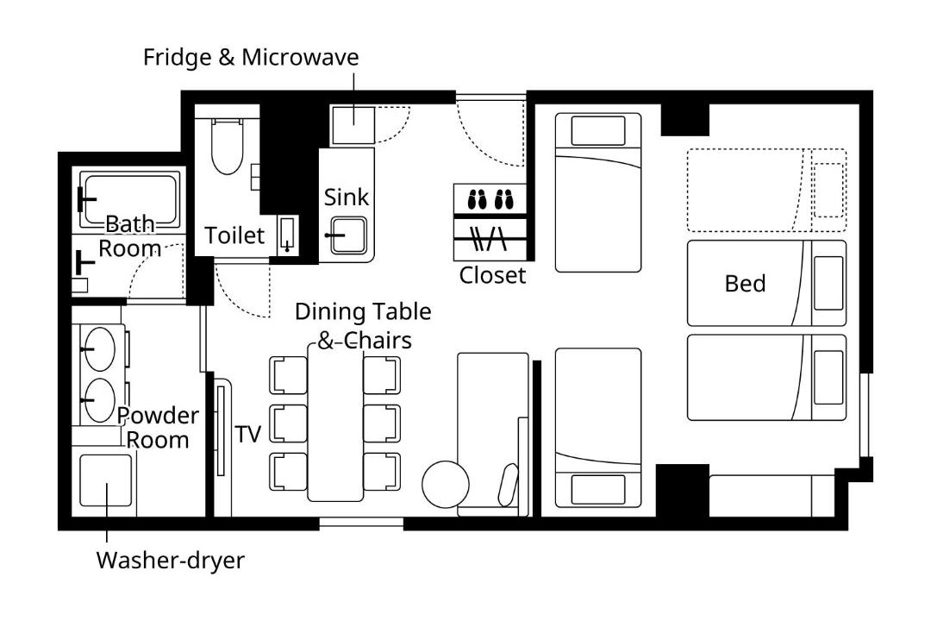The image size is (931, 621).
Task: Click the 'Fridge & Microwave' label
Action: point(251,58)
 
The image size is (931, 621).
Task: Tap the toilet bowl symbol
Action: point(228,146)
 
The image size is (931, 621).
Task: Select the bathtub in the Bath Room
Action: point(129,200)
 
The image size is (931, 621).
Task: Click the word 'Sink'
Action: point(347,198)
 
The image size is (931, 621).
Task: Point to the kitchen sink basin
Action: point(348,235)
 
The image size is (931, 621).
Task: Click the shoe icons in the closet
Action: point(490,199)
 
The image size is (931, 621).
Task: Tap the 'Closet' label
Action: point(492,275)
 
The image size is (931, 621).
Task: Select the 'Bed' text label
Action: point(745,284)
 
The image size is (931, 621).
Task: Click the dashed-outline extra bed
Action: point(766,190)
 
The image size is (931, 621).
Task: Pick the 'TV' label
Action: point(247,435)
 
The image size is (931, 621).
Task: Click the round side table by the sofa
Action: point(446,484)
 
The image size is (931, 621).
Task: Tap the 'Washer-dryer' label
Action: point(171,561)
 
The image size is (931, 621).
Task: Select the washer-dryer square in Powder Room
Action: point(106,480)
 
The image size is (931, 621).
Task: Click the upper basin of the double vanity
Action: point(99,348)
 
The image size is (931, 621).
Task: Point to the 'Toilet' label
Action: point(234,235)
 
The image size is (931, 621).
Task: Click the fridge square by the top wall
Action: point(353,125)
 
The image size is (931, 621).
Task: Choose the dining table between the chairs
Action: point(335,422)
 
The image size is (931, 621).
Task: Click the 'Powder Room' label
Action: point(158,428)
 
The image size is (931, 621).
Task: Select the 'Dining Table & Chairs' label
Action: point(363,326)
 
